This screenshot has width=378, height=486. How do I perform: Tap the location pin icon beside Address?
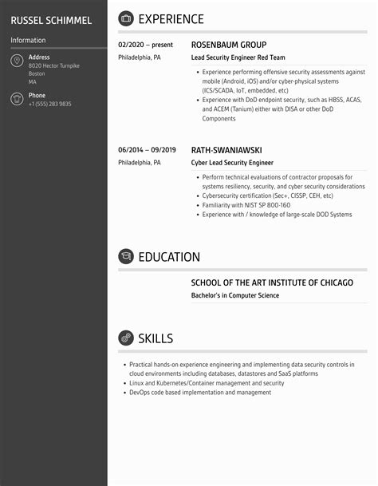[17, 61]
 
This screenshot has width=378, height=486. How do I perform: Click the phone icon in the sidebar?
[17, 99]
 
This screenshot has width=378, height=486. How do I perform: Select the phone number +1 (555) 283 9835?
[49, 104]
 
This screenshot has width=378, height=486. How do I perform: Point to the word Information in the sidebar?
[28, 40]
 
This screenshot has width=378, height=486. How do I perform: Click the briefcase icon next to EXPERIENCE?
[126, 19]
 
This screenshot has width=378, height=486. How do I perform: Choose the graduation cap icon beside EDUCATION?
[126, 257]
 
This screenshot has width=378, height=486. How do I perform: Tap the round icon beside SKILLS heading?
[126, 338]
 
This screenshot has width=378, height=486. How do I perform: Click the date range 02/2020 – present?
[147, 45]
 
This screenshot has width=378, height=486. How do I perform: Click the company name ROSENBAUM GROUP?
[229, 45]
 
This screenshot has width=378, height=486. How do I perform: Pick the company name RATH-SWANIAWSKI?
[226, 149]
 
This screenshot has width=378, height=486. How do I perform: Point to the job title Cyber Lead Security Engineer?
[232, 162]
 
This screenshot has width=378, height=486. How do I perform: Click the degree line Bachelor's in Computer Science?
[235, 295]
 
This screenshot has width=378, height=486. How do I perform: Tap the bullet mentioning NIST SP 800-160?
[246, 205]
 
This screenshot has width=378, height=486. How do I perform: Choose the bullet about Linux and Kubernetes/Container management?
[207, 383]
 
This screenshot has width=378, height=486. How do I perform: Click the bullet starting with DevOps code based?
[200, 393]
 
